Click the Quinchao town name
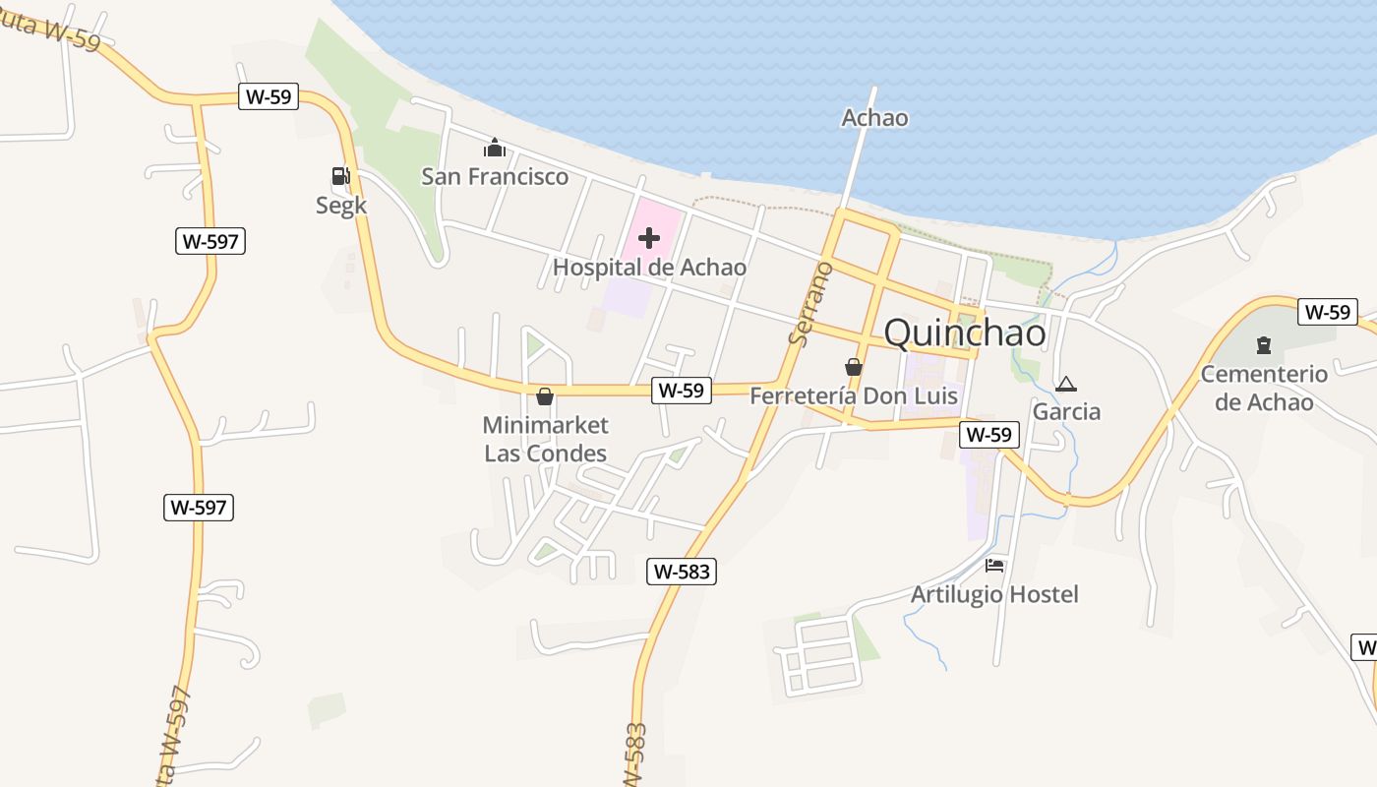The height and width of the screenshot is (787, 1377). point(965,333)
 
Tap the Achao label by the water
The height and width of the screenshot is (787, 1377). point(874,118)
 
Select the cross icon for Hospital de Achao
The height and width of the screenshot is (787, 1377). point(649,237)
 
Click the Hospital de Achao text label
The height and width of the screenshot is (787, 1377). point(649,268)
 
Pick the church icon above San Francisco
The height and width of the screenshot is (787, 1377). point(494,149)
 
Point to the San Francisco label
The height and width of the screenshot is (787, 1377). point(495,177)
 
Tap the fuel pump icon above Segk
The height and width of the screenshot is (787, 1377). point(340,176)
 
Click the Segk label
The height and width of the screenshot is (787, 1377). point(341,206)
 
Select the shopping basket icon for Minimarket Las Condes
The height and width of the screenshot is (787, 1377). point(545,396)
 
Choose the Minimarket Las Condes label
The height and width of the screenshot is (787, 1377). point(546,439)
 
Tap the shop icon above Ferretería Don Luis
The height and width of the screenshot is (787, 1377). point(854,367)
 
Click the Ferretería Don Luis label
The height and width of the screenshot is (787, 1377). point(854,396)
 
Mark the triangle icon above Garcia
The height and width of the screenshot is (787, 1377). point(1065,383)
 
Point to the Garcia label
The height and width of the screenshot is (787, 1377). point(1066,411)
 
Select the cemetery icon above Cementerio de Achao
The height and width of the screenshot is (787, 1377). point(1264,345)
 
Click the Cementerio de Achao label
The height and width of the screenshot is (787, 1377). point(1264,388)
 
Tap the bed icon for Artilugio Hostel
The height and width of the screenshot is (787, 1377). point(994,566)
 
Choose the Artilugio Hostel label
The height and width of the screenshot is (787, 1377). point(994,594)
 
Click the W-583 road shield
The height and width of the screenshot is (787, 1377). point(682,572)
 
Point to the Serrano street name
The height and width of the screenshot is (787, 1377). point(809,303)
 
